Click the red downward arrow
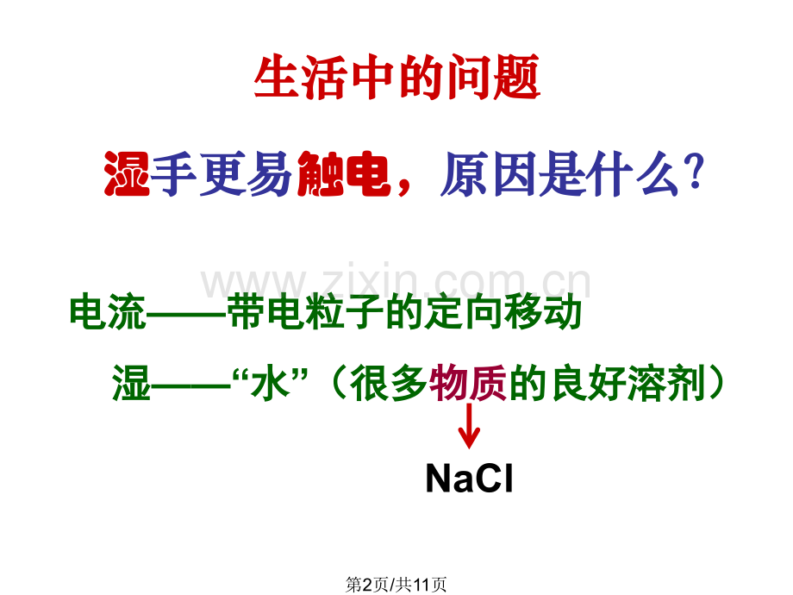coord(469,427)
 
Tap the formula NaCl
coord(469,479)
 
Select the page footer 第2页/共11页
coord(396,584)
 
